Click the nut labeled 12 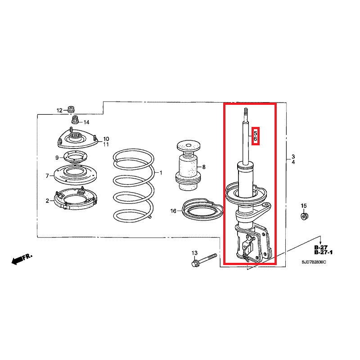(71, 109)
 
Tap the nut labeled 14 (76, 121)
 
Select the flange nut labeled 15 (305, 216)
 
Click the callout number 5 (256, 134)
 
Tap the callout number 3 (293, 156)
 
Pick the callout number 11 (106, 144)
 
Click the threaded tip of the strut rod (246, 111)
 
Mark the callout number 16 (174, 211)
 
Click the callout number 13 (194, 253)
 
